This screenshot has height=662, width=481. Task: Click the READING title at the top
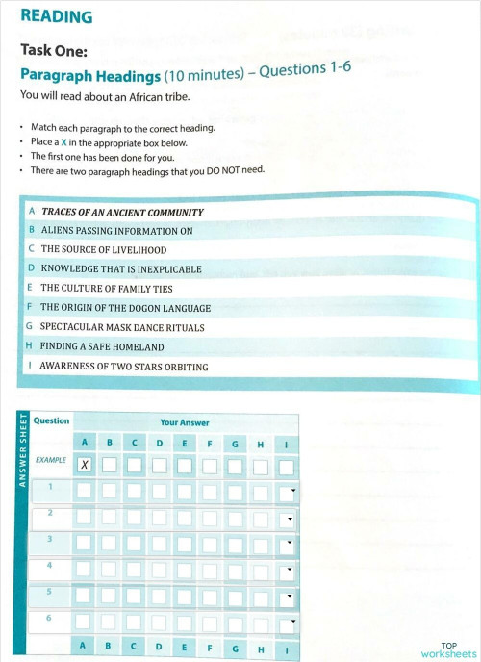tap(56, 16)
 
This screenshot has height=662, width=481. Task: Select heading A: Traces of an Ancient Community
tap(121, 212)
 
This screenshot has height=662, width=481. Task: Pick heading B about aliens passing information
tap(116, 231)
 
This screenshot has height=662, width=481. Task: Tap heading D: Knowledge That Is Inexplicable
tap(121, 269)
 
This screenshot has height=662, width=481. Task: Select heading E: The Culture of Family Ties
tap(110, 289)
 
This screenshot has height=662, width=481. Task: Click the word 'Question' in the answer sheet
tap(51, 420)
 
